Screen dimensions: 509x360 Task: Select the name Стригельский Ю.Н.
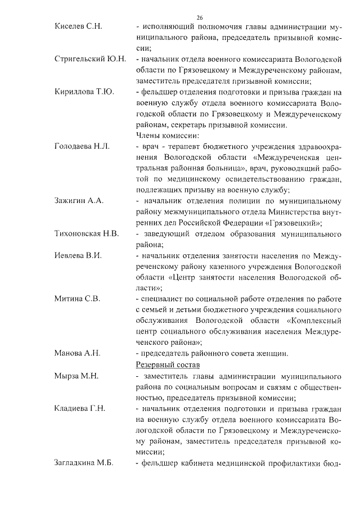(x=90, y=58)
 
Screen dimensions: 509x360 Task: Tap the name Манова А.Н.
(x=77, y=353)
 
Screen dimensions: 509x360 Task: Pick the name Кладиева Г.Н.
(x=80, y=408)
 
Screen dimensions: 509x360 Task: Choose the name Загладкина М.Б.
(x=84, y=462)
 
